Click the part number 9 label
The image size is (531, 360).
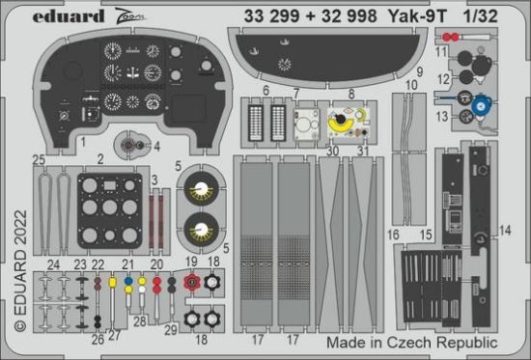point(419,71)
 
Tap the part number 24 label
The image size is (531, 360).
point(51,263)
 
